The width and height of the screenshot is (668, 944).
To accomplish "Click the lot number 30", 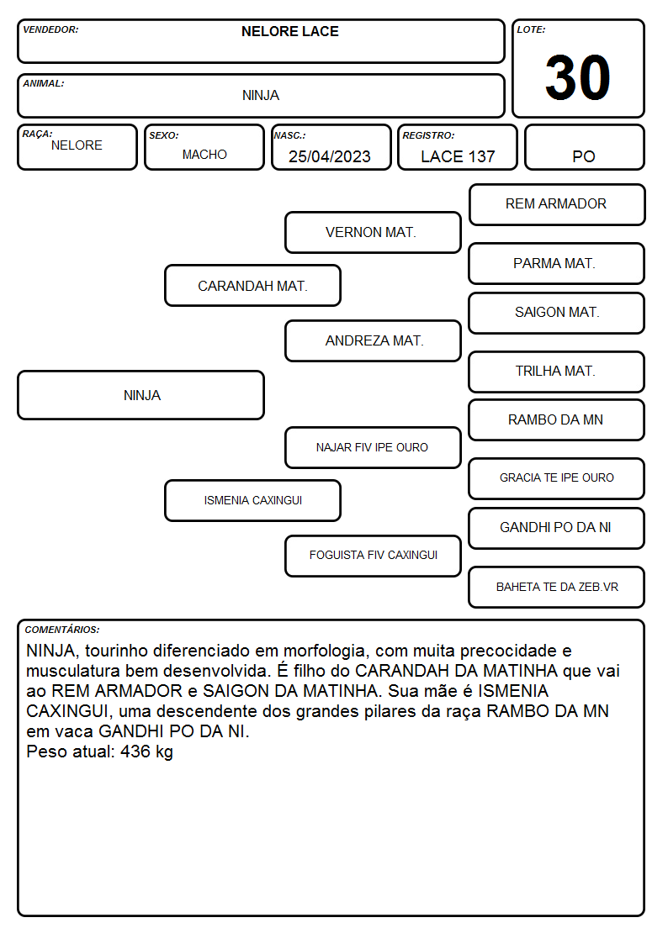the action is click(x=578, y=77).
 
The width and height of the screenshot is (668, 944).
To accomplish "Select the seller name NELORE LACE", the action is click(x=289, y=31).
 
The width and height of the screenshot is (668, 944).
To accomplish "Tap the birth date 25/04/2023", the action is click(x=330, y=156).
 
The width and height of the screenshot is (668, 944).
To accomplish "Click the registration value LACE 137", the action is click(x=458, y=156).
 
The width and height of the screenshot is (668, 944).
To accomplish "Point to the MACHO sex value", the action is click(x=204, y=155).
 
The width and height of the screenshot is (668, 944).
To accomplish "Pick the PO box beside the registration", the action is click(x=584, y=147).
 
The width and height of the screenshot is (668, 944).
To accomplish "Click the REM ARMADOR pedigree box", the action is click(x=557, y=205).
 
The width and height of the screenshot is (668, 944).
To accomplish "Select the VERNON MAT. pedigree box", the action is click(x=373, y=232).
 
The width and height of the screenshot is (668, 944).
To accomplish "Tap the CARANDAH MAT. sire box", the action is click(x=253, y=286).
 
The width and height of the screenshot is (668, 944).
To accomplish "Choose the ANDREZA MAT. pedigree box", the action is click(x=373, y=340).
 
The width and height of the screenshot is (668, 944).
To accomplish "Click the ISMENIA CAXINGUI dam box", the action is click(x=253, y=500).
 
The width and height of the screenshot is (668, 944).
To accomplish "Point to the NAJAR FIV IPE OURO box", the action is click(x=373, y=447).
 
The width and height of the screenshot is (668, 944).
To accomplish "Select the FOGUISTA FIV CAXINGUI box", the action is click(x=373, y=556).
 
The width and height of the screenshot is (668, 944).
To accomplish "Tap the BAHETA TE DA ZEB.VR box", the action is click(x=557, y=587).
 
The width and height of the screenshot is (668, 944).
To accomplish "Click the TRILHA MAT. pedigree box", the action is click(x=557, y=372).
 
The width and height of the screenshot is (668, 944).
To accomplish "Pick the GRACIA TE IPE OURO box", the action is click(x=557, y=478).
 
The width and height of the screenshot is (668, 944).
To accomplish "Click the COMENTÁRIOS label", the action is click(x=62, y=630).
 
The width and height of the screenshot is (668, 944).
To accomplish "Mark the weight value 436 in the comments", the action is click(x=135, y=752).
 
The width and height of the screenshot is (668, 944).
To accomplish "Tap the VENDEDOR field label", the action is click(x=50, y=29).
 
